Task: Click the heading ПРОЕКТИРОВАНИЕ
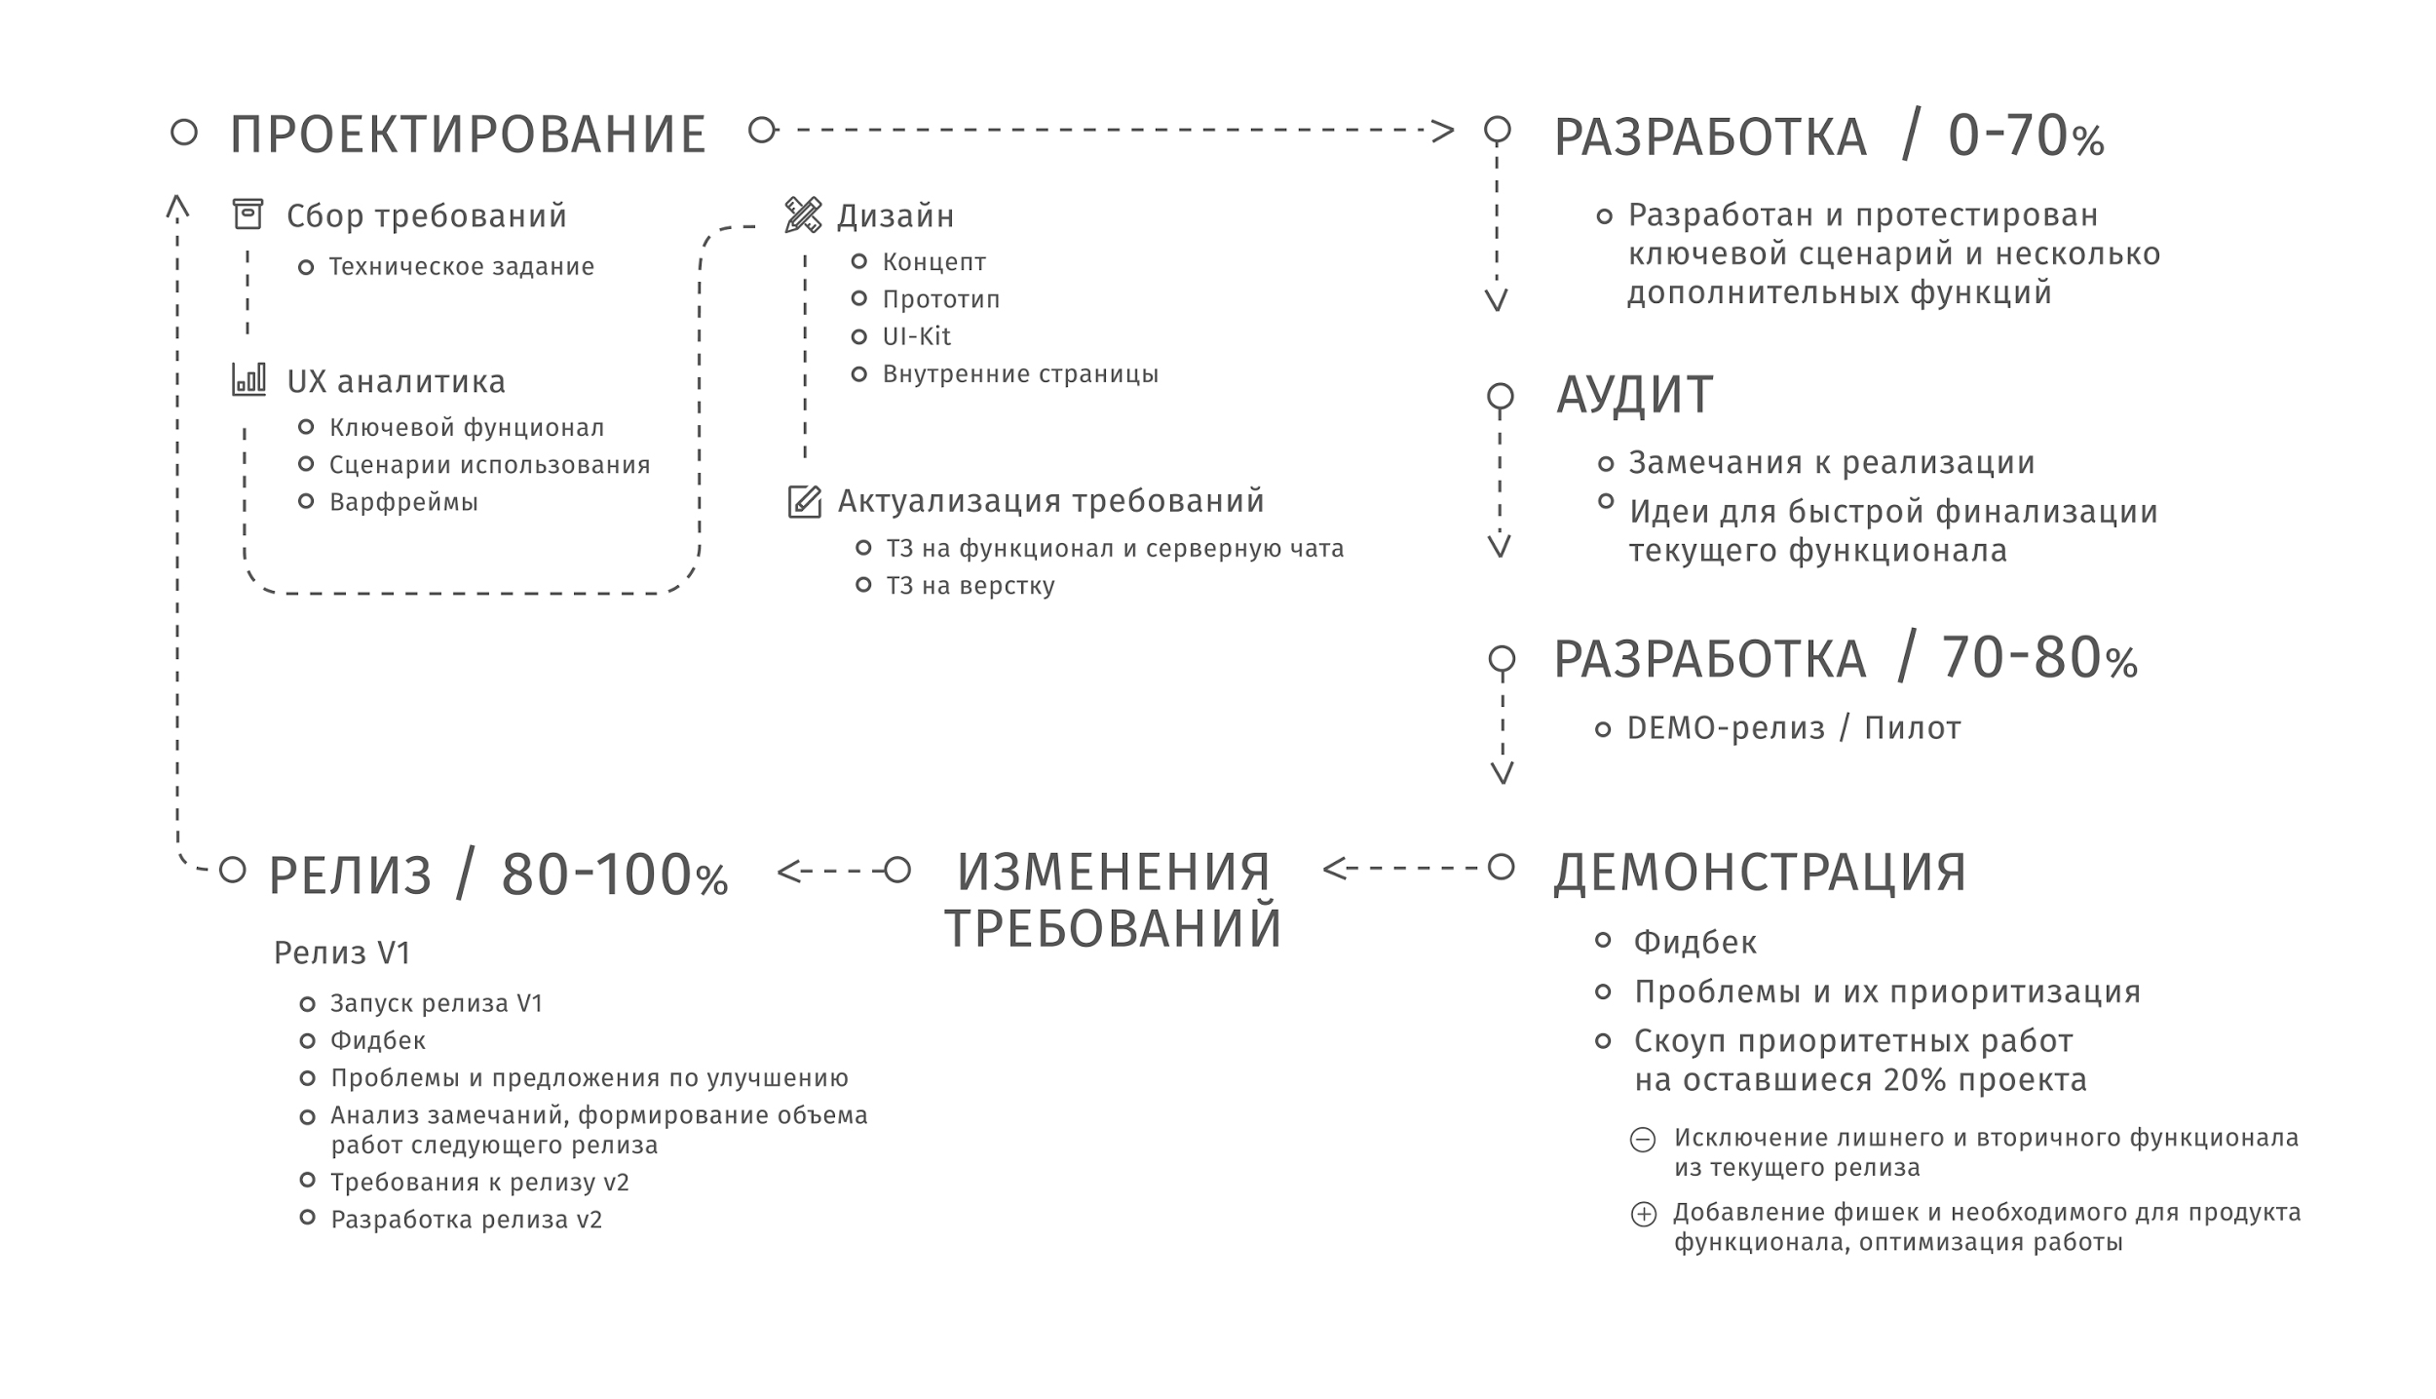tap(468, 135)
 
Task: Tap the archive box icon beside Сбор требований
tap(247, 214)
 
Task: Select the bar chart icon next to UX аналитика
tap(248, 379)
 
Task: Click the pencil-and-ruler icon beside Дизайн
tap(803, 214)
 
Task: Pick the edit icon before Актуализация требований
tap(804, 501)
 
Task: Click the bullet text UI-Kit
tap(916, 336)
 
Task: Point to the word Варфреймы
tap(403, 502)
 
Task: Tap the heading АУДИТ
tap(1634, 395)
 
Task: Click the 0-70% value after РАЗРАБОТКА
tap(2026, 136)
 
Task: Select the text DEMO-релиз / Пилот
tap(1794, 728)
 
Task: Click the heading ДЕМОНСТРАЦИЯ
tap(1760, 872)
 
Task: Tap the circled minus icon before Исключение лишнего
tap(1643, 1139)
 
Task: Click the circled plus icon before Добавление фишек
tap(1643, 1214)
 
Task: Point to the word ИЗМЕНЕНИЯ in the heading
tap(1114, 872)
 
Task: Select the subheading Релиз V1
tap(342, 952)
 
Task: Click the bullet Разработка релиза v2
tap(467, 1220)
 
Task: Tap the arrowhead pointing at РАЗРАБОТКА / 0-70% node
tap(1442, 130)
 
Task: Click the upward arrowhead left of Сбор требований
tap(176, 206)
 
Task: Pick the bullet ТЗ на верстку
tap(970, 586)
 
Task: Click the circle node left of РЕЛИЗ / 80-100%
tap(232, 870)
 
